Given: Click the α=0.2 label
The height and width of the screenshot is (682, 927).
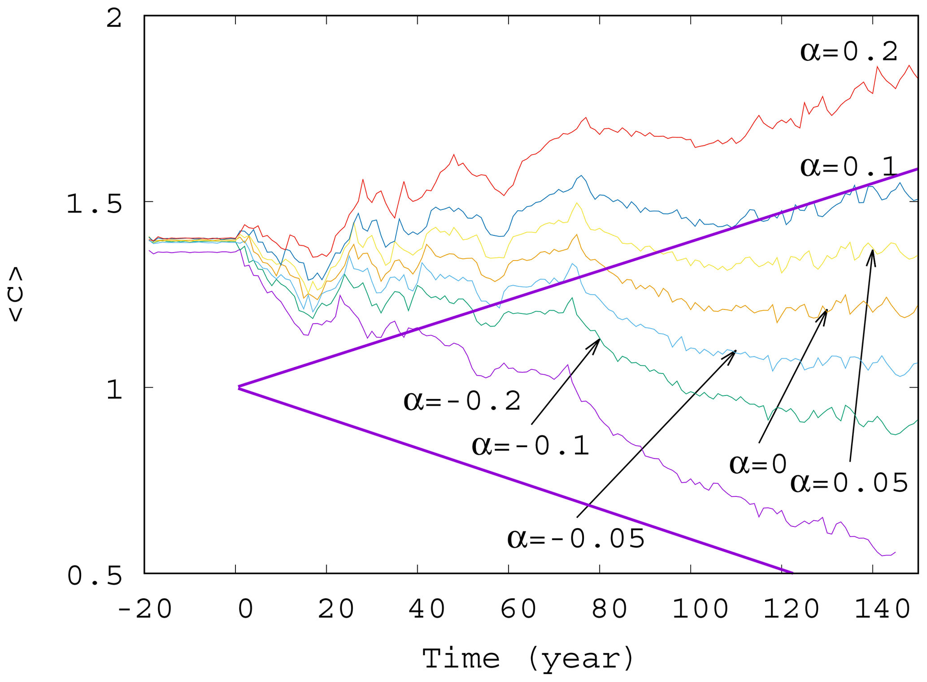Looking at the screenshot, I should pos(849,52).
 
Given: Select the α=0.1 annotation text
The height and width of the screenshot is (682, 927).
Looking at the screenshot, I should pos(849,167).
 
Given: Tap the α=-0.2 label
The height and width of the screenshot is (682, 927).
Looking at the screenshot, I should pos(462,400).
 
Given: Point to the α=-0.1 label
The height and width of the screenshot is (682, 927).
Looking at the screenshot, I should pos(531,446).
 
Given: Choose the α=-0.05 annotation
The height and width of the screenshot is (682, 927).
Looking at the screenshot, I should pos(576,539).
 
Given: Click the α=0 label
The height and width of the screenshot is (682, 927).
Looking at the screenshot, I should pos(758,464).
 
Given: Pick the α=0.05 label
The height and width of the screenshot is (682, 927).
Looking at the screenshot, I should pos(849,483).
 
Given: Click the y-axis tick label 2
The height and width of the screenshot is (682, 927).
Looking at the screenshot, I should pos(114,19).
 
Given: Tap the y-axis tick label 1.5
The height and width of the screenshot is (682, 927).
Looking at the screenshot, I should pos(94,204).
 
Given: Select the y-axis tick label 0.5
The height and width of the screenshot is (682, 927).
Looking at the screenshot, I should pos(95,576).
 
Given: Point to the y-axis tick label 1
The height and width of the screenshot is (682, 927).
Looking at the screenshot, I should pos(114,390).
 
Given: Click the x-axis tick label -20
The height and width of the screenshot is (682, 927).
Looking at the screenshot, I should pos(144,609).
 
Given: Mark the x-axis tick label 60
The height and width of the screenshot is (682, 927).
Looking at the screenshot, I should pos(518,609).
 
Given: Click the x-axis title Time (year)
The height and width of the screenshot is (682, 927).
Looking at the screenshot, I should pos(528,659).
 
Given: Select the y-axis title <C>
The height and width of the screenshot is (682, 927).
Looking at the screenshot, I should pos(16,294).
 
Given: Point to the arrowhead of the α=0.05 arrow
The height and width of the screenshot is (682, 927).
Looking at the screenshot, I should pos(872,251).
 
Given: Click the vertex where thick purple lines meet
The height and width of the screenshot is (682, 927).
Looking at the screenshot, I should pos(239,387).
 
